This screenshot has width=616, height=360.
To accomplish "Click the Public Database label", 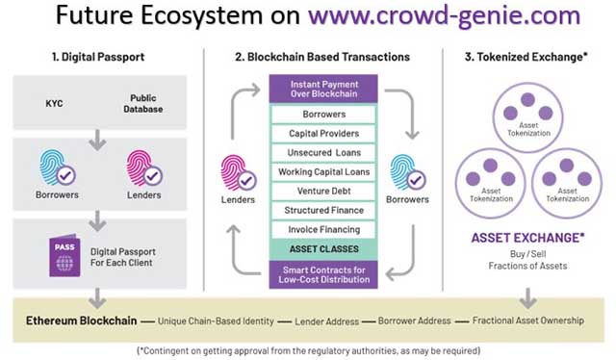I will [142, 103].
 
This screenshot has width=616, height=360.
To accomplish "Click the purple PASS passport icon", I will [64, 255].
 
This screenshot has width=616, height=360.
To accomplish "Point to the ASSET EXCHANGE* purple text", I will [527, 237].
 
